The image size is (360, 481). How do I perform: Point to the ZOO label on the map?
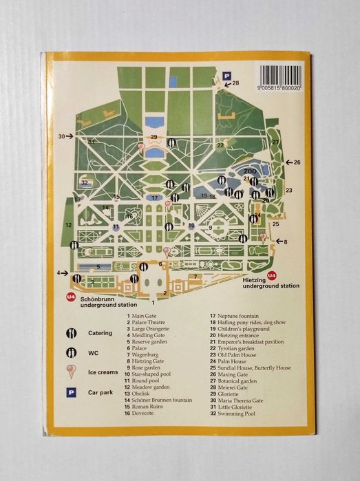pyautogui.click(x=250, y=170)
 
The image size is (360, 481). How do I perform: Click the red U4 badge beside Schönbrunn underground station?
pyautogui.click(x=70, y=297)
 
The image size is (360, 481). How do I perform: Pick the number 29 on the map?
pyautogui.click(x=154, y=138)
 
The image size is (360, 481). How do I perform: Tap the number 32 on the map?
pyautogui.click(x=84, y=183)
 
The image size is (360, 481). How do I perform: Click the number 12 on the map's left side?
pyautogui.click(x=68, y=225)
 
